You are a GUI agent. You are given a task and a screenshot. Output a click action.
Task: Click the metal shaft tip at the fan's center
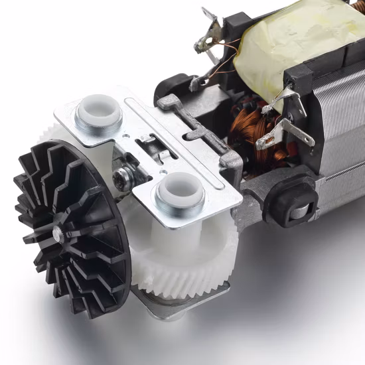pyautogui.click(x=58, y=233)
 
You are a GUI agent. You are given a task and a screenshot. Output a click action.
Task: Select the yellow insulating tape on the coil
pyautogui.click(x=292, y=40)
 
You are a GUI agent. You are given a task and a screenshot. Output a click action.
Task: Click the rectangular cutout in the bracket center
pyautogui.click(x=149, y=142)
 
